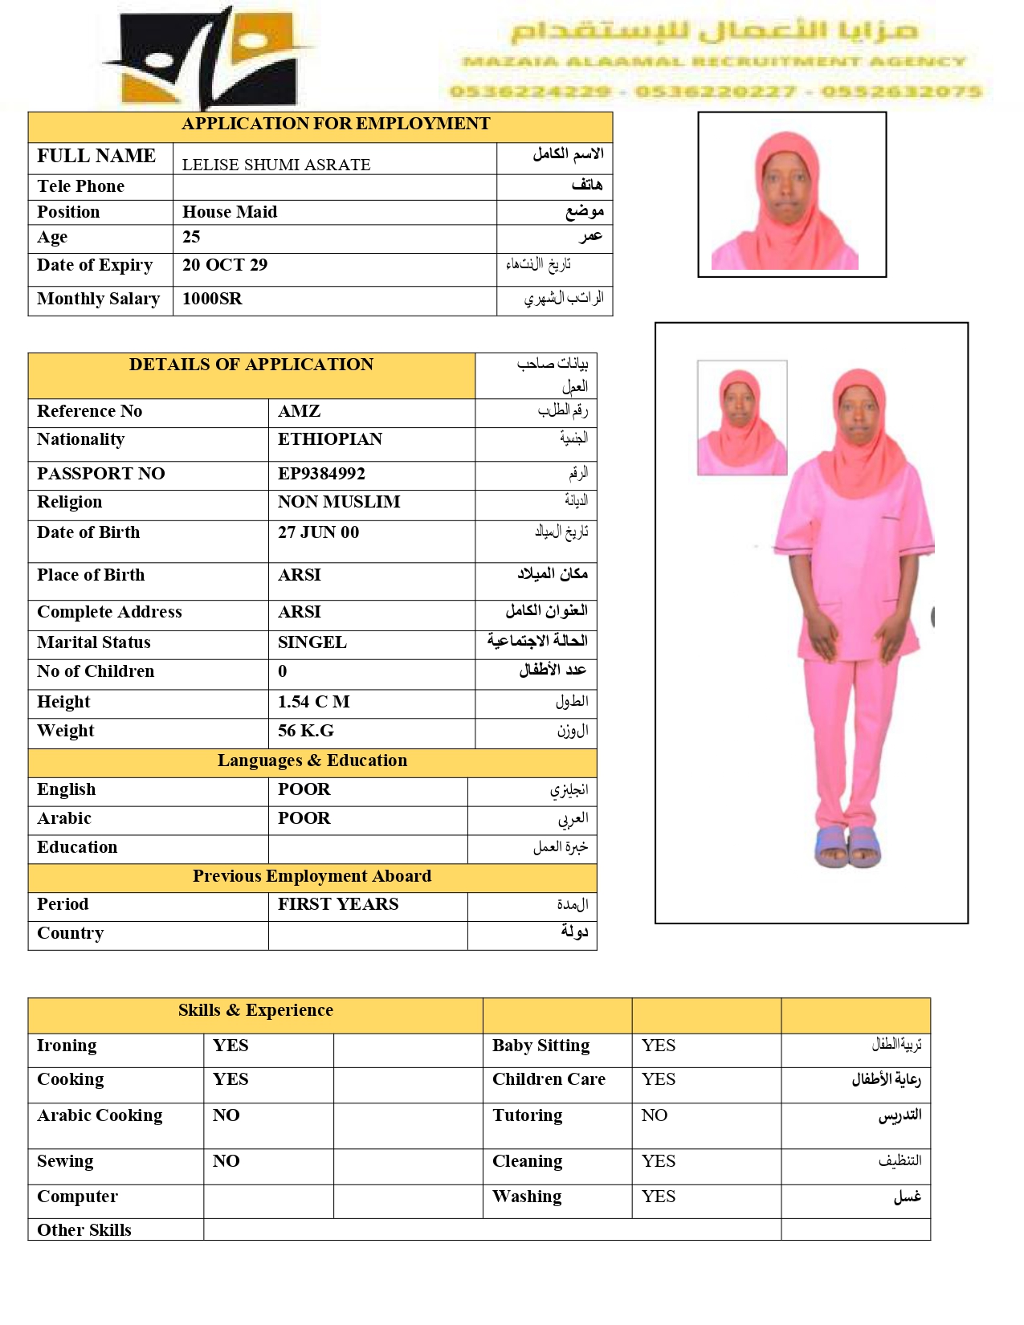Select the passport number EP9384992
pyautogui.click(x=321, y=474)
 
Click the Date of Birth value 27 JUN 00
pyautogui.click(x=318, y=532)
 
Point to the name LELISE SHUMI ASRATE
pyautogui.click(x=276, y=165)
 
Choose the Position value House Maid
pyautogui.click(x=230, y=212)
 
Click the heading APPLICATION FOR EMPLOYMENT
pyautogui.click(x=335, y=124)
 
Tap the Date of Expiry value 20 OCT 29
pyautogui.click(x=225, y=265)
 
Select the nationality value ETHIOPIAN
pyautogui.click(x=330, y=439)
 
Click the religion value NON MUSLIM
pyautogui.click(x=339, y=502)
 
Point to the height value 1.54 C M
pyautogui.click(x=313, y=702)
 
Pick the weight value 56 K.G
pyautogui.click(x=306, y=731)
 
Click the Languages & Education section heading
pyautogui.click(x=312, y=760)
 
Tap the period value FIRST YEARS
pyautogui.click(x=338, y=904)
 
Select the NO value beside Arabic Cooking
pyautogui.click(x=226, y=1115)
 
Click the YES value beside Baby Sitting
pyautogui.click(x=659, y=1046)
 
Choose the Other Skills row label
pyautogui.click(x=84, y=1230)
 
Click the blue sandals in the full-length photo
pyautogui.click(x=847, y=846)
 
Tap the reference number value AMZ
pyautogui.click(x=299, y=411)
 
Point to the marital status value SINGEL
pyautogui.click(x=312, y=642)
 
